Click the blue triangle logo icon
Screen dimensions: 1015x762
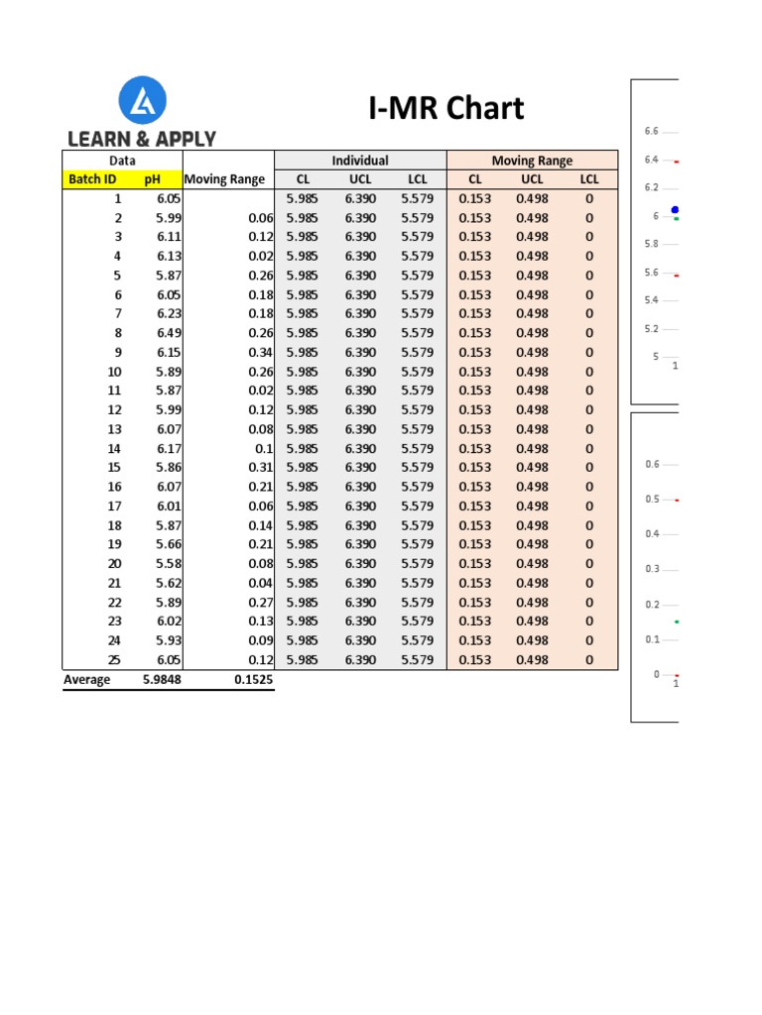(x=142, y=101)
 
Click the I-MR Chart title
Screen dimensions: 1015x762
(x=445, y=109)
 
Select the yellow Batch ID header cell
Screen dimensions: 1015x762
(x=92, y=179)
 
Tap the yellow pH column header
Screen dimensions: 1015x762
(x=152, y=179)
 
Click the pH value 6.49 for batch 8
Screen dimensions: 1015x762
(x=169, y=333)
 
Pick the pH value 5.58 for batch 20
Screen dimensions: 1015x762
(x=169, y=564)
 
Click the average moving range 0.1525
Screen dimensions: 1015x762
(x=253, y=680)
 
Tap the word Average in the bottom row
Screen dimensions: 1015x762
(x=86, y=680)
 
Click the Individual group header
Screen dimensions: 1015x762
(x=360, y=161)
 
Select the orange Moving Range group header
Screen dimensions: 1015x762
(x=532, y=161)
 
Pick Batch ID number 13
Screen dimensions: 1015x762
(x=114, y=429)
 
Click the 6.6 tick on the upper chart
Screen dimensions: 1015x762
(x=651, y=131)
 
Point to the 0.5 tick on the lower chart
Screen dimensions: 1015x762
(x=652, y=500)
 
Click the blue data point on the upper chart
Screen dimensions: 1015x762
(x=675, y=210)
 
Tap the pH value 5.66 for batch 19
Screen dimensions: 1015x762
(x=169, y=544)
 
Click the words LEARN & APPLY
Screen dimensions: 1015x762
(x=142, y=139)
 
